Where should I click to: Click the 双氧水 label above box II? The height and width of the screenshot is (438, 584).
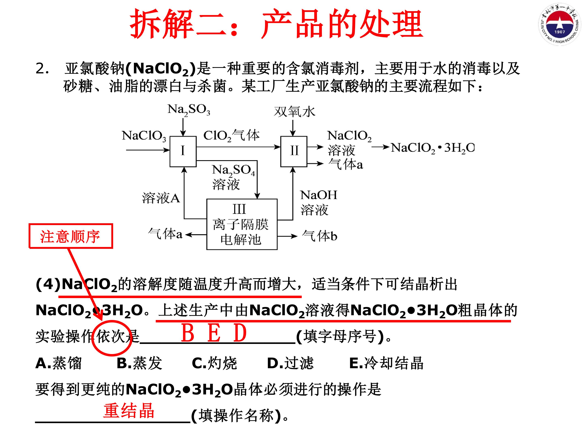[294, 111]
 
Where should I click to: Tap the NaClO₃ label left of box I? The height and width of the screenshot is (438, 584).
[144, 136]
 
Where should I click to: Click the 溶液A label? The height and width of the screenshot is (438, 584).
[161, 198]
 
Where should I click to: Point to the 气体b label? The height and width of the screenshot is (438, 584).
[319, 235]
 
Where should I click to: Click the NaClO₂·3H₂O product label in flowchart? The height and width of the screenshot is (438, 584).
[433, 148]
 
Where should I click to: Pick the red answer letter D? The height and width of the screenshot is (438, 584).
[240, 333]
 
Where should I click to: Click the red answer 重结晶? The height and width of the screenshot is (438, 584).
[129, 411]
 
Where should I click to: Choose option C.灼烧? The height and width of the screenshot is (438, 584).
[214, 363]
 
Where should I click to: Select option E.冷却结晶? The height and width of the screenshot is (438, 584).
[386, 363]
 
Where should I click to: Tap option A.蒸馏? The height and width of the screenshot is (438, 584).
[59, 363]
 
